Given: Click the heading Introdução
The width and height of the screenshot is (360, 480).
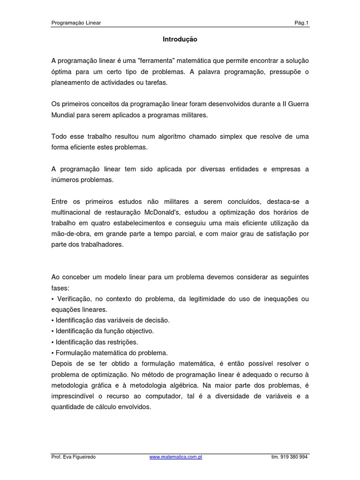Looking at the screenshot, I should [x=180, y=40].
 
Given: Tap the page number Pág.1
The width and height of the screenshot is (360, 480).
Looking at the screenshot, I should [x=300, y=22].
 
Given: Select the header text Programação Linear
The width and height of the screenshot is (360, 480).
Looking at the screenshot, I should [x=76, y=22].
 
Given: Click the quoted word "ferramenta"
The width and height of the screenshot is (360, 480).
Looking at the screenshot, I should [x=150, y=61].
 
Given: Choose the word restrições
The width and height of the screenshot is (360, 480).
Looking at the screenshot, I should [x=122, y=342].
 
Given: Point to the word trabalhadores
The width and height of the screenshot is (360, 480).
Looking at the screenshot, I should [x=101, y=244].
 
